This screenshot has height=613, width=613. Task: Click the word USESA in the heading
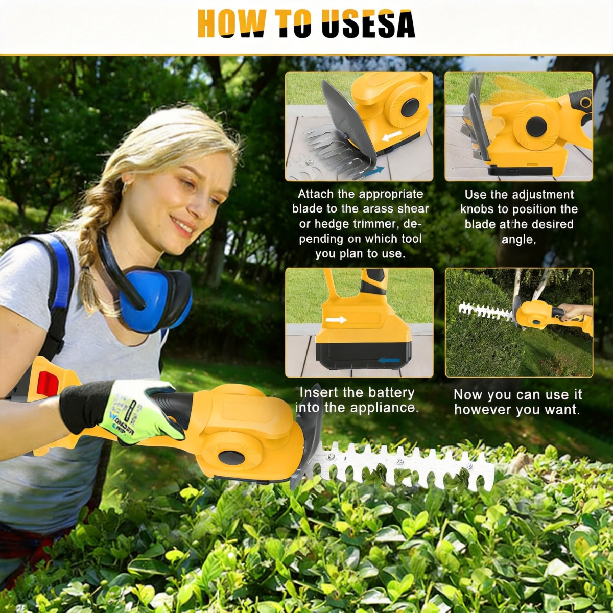tap(368, 26)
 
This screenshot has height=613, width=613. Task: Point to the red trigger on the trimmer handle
tap(48, 383)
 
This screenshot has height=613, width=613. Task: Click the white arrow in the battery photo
tap(338, 319)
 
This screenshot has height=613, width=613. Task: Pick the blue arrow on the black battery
tap(388, 360)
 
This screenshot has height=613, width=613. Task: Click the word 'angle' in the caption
tap(518, 239)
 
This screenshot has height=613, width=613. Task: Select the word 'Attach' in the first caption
tap(316, 194)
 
